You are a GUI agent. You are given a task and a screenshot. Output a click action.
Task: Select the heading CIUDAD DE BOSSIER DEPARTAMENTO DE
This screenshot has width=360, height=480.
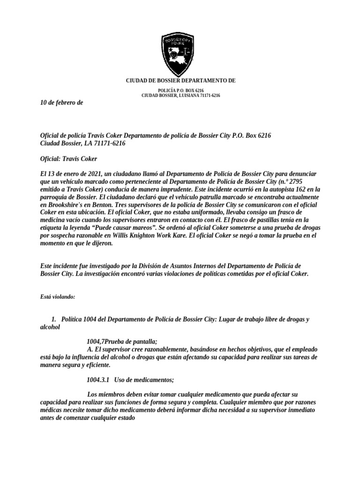(x=181, y=81)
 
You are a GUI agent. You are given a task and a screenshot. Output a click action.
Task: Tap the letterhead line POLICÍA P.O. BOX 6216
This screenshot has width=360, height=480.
(x=180, y=90)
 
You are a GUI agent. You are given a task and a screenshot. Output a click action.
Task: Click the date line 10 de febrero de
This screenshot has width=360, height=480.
(x=61, y=103)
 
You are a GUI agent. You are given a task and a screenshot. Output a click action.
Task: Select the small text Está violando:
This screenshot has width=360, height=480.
(x=54, y=297)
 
